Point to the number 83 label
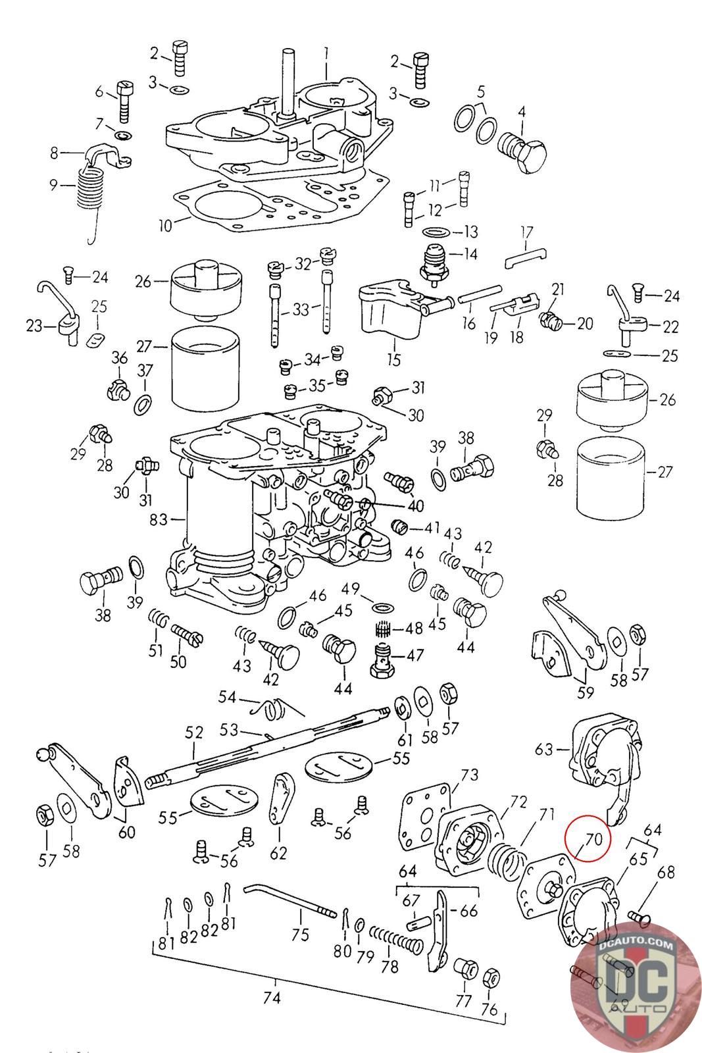[x=159, y=520]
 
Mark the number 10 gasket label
[x=164, y=226]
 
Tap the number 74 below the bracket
[x=272, y=998]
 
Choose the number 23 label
[x=34, y=325]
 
